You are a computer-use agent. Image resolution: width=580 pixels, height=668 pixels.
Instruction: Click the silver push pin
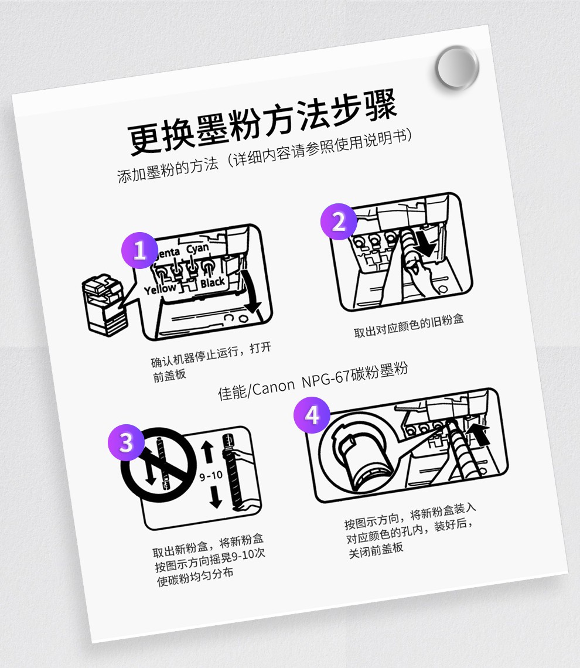pyautogui.click(x=458, y=68)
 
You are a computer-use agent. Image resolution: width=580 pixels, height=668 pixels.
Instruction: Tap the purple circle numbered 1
pyautogui.click(x=139, y=251)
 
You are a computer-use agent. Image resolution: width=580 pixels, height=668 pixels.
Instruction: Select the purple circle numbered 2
pyautogui.click(x=339, y=221)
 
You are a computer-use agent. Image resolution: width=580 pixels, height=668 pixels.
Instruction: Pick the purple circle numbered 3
pyautogui.click(x=126, y=442)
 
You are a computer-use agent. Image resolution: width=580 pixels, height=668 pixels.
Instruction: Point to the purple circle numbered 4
pyautogui.click(x=312, y=415)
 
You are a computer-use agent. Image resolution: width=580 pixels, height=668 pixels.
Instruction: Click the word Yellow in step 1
pyautogui.click(x=160, y=289)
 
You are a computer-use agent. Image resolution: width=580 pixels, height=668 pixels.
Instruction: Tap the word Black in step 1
pyautogui.click(x=213, y=282)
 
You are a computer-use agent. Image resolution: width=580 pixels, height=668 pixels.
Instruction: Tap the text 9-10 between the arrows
pyautogui.click(x=211, y=475)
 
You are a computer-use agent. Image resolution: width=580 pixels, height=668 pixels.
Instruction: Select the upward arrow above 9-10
pyautogui.click(x=207, y=452)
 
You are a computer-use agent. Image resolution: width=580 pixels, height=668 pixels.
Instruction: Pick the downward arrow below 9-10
pyautogui.click(x=216, y=497)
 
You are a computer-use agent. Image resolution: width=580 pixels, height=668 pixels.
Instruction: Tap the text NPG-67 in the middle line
pyautogui.click(x=326, y=379)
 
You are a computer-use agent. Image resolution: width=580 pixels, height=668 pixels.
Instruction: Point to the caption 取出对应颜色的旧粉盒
pyautogui.click(x=409, y=325)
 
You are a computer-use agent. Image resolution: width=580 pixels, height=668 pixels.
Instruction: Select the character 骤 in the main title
pyautogui.click(x=379, y=106)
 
